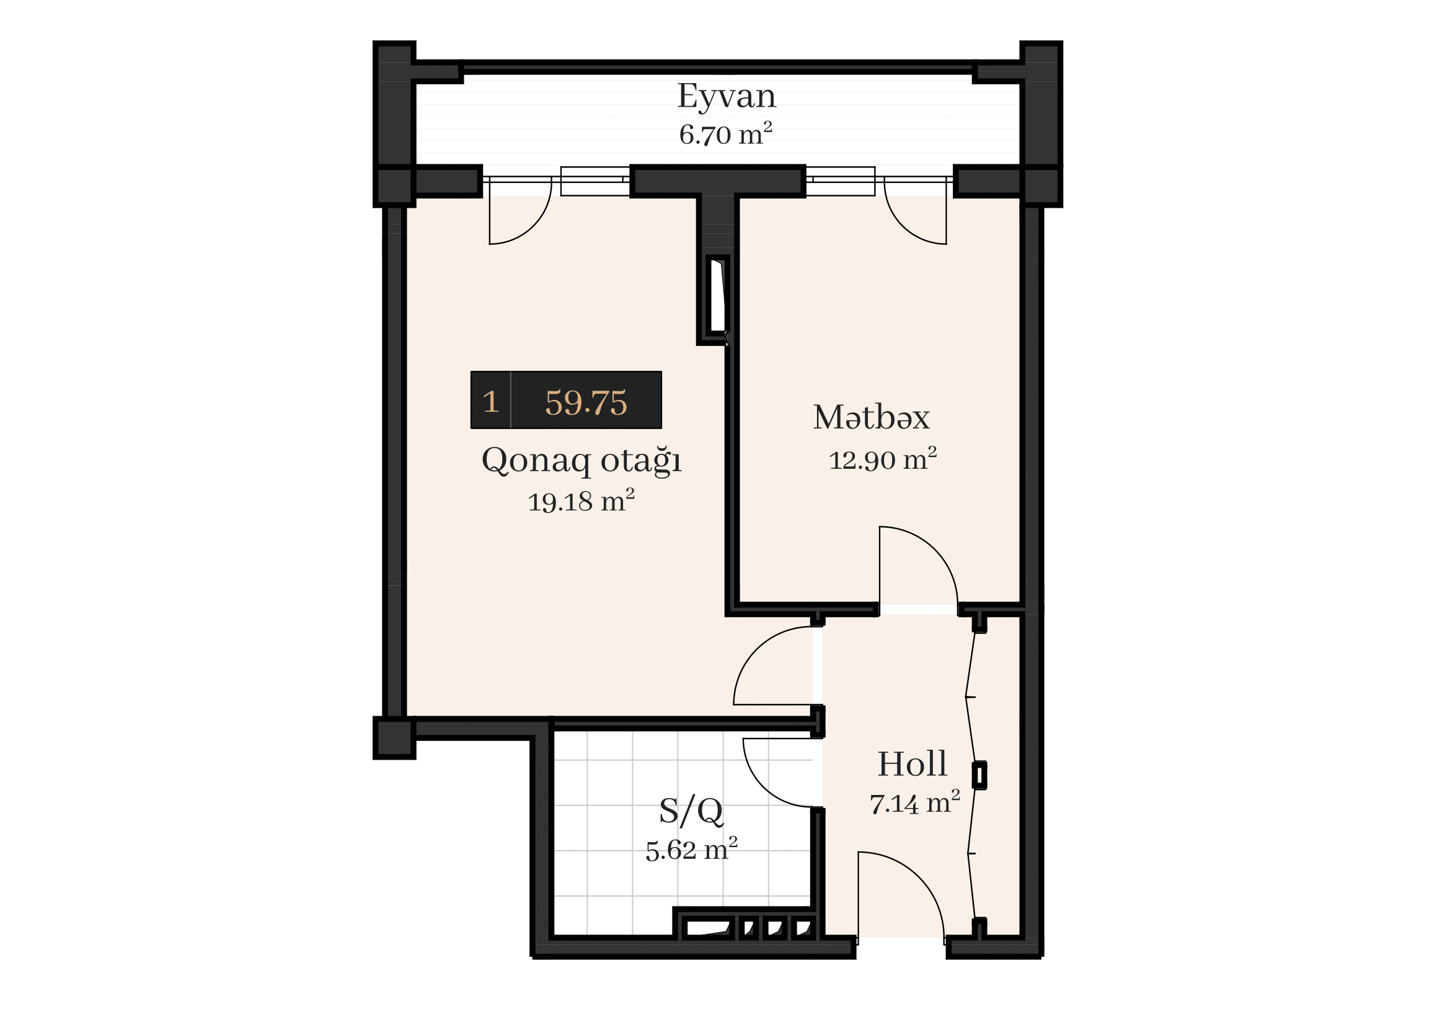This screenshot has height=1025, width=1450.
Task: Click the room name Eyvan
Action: (x=727, y=97)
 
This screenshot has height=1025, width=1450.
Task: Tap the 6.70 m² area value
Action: (x=726, y=135)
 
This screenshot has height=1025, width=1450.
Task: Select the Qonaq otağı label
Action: (x=581, y=461)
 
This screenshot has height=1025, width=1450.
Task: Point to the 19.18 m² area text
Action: (x=581, y=502)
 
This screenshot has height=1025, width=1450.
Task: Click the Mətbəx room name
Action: (x=872, y=417)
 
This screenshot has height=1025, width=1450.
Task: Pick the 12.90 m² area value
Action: (x=882, y=459)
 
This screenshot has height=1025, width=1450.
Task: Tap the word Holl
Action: (x=912, y=764)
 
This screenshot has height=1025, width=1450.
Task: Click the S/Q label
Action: (x=691, y=812)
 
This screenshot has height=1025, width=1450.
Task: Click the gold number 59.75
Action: (x=586, y=402)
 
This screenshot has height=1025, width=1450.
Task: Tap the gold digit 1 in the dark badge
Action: (x=491, y=402)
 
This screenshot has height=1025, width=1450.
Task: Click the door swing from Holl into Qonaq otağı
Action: (x=756, y=650)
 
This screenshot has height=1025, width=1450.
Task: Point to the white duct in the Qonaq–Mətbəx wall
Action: (x=718, y=296)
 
